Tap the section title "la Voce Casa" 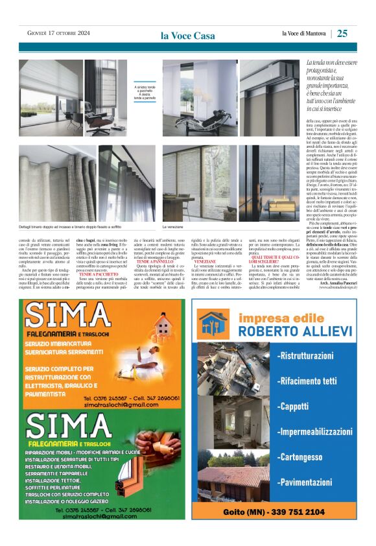[187, 35]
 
